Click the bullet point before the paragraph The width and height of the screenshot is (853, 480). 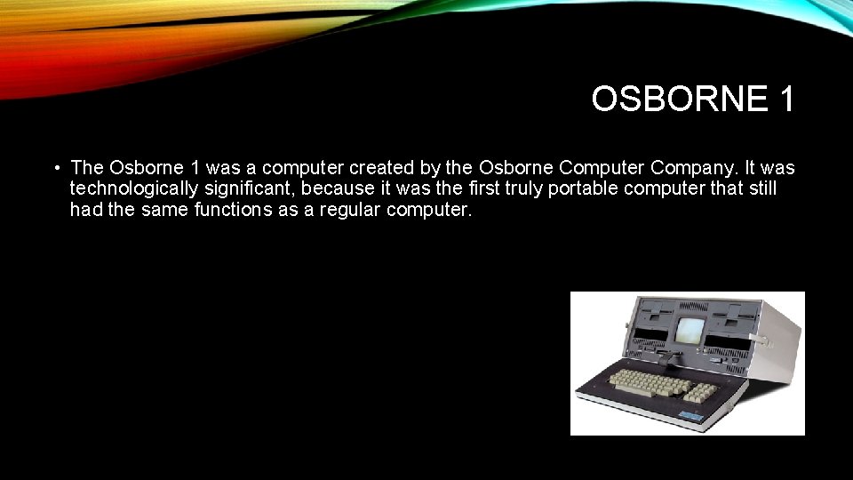coord(56,168)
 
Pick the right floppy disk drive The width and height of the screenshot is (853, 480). coord(730,319)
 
